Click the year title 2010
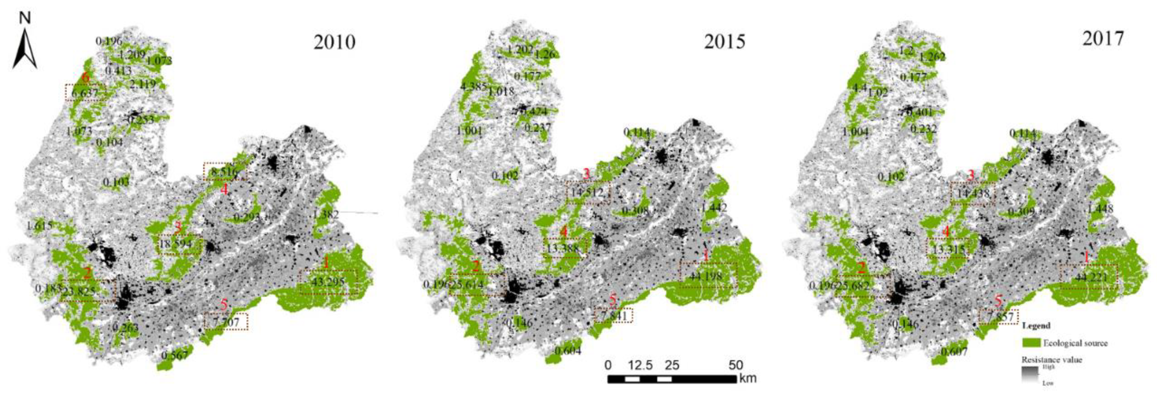(334, 42)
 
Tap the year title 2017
(1103, 39)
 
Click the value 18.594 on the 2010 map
(176, 244)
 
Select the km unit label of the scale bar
(747, 378)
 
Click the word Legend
(1036, 325)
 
